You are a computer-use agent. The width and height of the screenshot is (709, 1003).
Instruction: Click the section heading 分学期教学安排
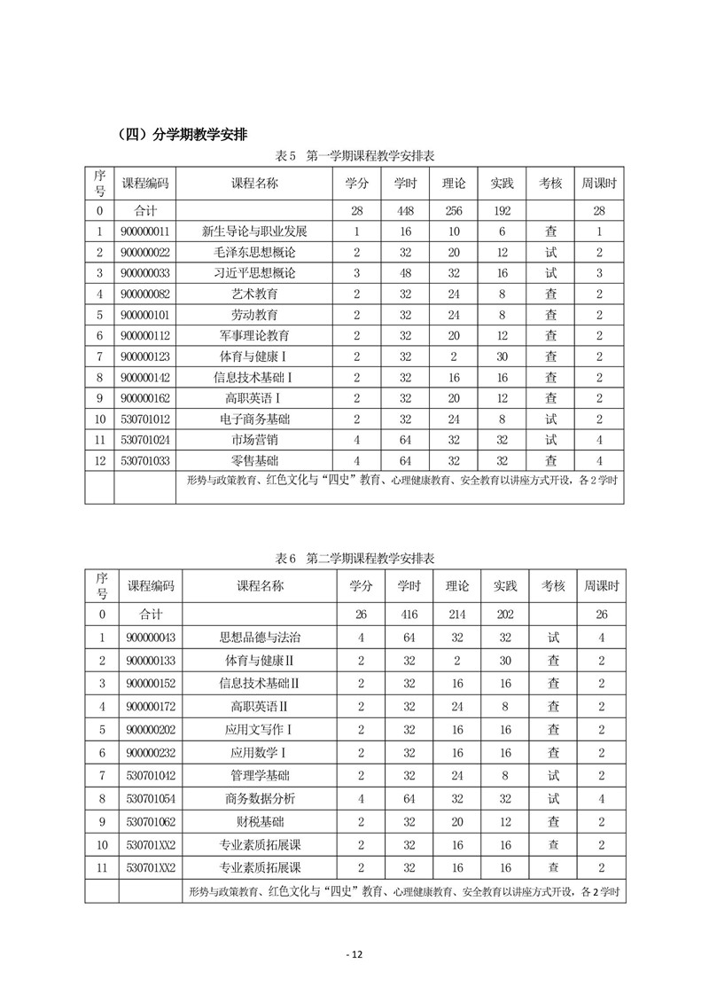[x=182, y=136]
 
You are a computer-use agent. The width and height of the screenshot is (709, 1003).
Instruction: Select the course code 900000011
[x=144, y=231]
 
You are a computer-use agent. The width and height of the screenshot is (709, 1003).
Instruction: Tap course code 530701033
[x=144, y=461]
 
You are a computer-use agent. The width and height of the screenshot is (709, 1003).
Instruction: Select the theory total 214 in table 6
[x=457, y=614]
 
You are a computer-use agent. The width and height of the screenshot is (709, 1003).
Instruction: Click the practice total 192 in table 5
[x=502, y=210]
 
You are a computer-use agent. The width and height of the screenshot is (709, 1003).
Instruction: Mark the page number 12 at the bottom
[x=354, y=954]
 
